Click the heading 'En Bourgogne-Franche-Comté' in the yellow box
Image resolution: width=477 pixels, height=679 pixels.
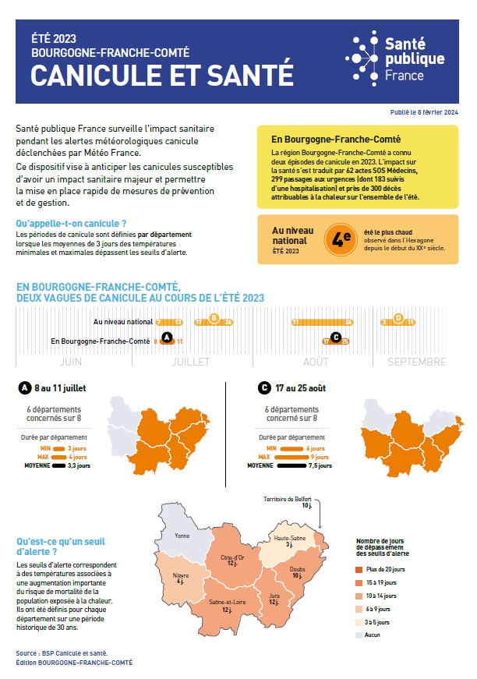pos(325,136)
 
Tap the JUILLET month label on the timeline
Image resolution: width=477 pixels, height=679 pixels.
pos(190,362)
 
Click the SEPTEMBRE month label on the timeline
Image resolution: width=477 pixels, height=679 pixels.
pos(417,362)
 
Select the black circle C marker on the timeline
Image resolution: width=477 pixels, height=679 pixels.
pos(336,338)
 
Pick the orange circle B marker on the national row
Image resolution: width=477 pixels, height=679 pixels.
pos(214,318)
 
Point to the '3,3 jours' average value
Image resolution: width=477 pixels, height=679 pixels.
pos(76,465)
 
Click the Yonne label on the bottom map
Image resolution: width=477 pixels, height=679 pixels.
pos(182,536)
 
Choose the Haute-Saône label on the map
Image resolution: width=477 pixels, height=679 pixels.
pos(289,539)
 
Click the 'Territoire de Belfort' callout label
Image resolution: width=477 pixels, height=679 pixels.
pos(287,498)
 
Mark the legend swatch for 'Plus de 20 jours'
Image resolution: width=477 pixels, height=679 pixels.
pos(359,568)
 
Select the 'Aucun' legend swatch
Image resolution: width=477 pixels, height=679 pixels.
pos(359,635)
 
